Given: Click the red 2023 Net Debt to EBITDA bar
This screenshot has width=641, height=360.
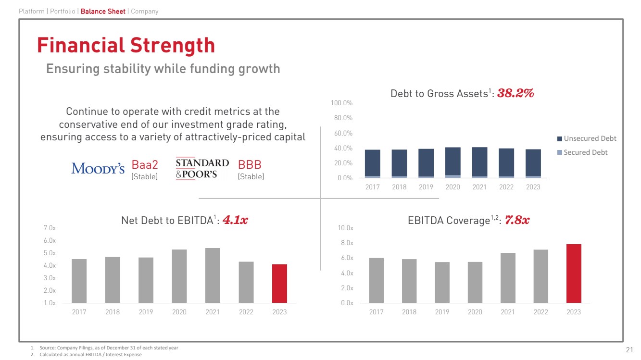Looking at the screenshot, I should [x=279, y=284].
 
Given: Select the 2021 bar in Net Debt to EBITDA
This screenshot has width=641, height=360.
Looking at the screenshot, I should [x=213, y=275].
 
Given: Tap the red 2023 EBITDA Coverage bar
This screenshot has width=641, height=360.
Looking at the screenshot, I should [x=574, y=273].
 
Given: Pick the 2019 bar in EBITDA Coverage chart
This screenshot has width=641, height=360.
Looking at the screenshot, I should [x=442, y=283].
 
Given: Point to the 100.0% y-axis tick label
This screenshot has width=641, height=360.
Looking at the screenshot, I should [x=342, y=103].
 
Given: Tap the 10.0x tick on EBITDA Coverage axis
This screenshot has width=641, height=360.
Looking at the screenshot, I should [x=346, y=228].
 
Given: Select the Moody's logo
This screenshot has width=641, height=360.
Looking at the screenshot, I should [x=98, y=168].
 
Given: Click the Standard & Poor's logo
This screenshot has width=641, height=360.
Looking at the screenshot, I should [x=202, y=168].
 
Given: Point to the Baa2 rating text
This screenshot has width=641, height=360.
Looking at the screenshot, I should [x=145, y=165].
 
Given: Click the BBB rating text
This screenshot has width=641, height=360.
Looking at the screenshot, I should [x=250, y=165].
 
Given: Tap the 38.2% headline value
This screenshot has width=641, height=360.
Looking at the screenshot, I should [x=515, y=93].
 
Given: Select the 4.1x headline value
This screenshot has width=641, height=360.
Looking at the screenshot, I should [x=239, y=220].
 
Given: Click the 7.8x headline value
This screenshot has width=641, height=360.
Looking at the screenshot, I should [x=518, y=220].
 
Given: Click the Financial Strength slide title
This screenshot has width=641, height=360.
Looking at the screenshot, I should [x=126, y=46].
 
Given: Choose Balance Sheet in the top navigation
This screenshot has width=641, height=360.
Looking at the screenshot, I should [x=103, y=11].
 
